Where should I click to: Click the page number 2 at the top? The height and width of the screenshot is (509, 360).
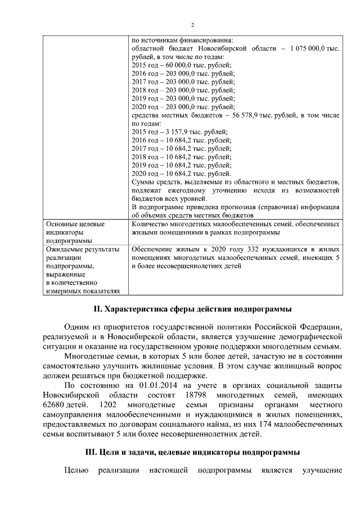click(192, 25)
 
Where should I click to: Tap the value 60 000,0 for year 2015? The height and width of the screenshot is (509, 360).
click(172, 65)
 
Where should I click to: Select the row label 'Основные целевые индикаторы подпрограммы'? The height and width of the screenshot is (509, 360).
click(76, 232)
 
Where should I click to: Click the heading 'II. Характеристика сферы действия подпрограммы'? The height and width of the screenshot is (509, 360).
click(192, 310)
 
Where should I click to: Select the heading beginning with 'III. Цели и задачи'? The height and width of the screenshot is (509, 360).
click(192, 451)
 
